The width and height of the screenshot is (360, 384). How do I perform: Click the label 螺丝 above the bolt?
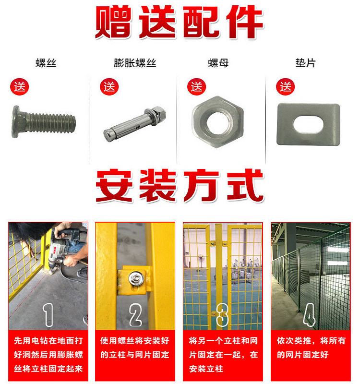(x=46, y=63)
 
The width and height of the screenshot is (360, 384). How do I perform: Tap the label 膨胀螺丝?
(x=135, y=63)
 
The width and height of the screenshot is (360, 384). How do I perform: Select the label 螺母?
(x=218, y=63)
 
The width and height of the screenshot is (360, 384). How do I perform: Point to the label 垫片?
(x=305, y=63)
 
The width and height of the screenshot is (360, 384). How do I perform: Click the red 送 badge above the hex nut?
(x=196, y=87)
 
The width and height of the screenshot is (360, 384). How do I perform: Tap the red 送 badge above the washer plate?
(x=285, y=87)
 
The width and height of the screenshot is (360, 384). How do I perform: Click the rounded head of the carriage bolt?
(x=16, y=122)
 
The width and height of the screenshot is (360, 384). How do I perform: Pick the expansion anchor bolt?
(x=134, y=124)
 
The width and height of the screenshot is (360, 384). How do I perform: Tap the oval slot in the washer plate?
(x=308, y=124)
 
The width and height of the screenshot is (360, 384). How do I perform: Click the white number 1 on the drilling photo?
(x=48, y=315)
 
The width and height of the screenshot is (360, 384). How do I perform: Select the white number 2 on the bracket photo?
(x=135, y=315)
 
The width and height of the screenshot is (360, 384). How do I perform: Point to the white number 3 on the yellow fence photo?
(x=222, y=315)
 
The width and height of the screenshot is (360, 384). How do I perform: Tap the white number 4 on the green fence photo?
(x=309, y=315)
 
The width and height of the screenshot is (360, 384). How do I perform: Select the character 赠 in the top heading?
(x=112, y=22)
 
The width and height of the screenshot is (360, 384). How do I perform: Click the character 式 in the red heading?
(x=245, y=185)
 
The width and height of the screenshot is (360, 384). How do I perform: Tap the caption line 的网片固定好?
(x=303, y=354)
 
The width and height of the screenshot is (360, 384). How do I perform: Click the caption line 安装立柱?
(x=206, y=369)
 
